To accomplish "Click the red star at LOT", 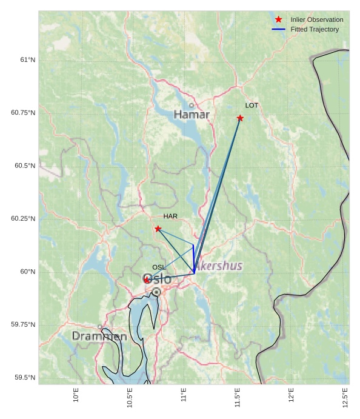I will click(x=240, y=118).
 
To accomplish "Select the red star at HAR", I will click(x=158, y=229).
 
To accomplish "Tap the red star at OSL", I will click(x=147, y=280).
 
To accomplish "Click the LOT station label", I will click(x=252, y=106).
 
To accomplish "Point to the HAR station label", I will click(x=170, y=216).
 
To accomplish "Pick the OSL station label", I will click(x=159, y=267).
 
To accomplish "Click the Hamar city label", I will click(x=192, y=115).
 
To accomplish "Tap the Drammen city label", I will click(x=99, y=336).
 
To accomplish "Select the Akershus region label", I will click(x=219, y=266).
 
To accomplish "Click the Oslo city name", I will click(x=157, y=279).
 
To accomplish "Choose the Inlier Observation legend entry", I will click(x=316, y=20).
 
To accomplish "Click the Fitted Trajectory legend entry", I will click(x=315, y=30).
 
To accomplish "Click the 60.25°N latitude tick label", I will click(x=23, y=219).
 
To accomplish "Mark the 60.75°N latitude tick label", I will click(x=23, y=113).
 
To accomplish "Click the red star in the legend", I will click(x=279, y=20).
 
